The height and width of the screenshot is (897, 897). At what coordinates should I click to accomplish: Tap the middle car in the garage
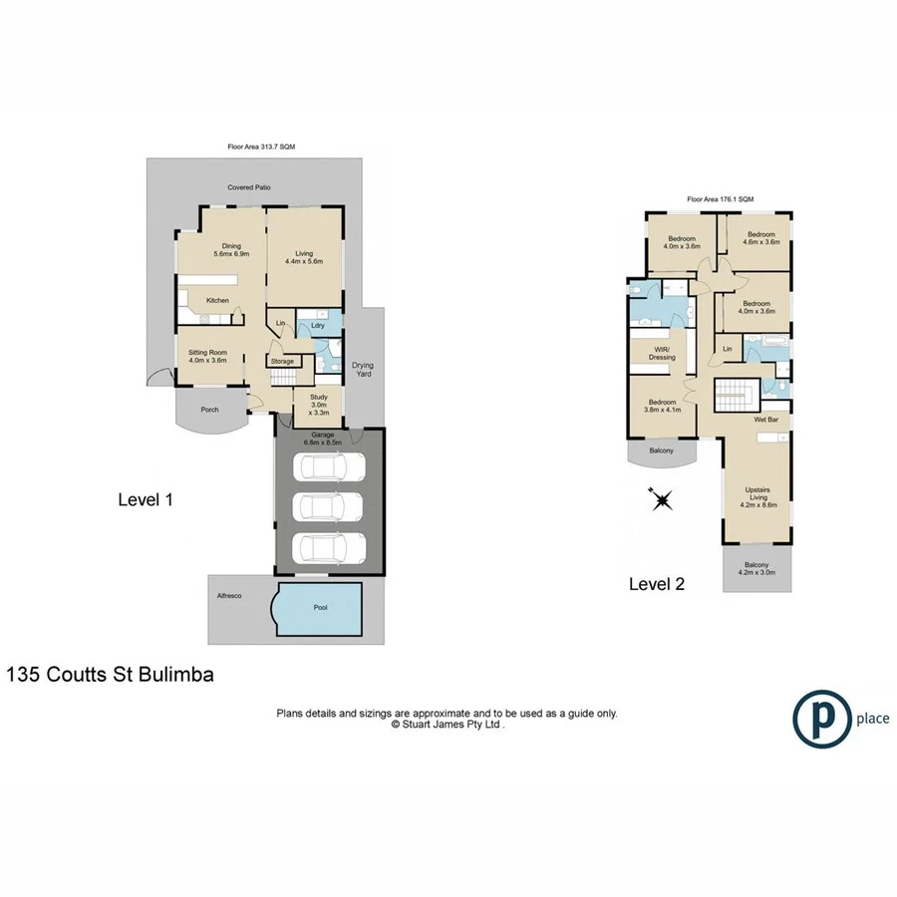click(x=329, y=507)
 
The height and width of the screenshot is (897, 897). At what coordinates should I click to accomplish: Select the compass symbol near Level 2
click(x=661, y=498)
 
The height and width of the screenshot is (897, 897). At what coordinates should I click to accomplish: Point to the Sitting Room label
click(x=209, y=356)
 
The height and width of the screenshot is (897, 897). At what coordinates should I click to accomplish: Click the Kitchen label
click(x=217, y=300)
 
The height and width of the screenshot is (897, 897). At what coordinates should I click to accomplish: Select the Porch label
click(x=209, y=410)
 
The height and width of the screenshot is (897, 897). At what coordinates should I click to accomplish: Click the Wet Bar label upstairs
click(x=765, y=420)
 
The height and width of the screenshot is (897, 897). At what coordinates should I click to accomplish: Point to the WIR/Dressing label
click(x=662, y=353)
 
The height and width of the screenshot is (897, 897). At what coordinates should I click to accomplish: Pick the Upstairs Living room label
click(x=759, y=497)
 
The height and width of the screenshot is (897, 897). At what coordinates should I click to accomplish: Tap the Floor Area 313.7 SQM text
click(x=261, y=147)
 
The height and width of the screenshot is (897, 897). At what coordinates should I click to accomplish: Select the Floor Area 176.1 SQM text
click(x=720, y=199)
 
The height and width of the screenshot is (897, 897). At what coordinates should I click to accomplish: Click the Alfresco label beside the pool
click(x=230, y=595)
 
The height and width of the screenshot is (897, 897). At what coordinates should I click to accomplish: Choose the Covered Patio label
click(x=249, y=186)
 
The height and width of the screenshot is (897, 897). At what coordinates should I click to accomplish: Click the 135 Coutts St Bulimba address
click(x=111, y=674)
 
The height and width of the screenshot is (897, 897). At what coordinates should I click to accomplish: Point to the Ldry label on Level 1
click(x=318, y=325)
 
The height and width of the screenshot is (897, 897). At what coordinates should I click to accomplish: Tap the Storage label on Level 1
click(x=283, y=361)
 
